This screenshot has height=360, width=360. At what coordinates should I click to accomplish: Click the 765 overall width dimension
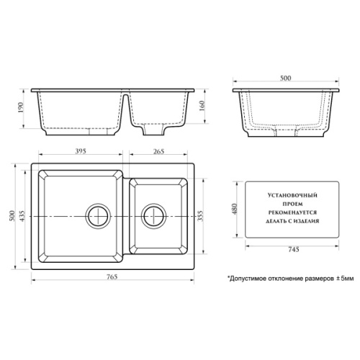pyautogui.click(x=112, y=276)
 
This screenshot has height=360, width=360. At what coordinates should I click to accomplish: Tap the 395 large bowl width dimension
pyautogui.click(x=81, y=151)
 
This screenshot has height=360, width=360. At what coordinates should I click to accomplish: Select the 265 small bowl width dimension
pyautogui.click(x=158, y=151)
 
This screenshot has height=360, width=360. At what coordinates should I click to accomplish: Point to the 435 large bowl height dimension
pyautogui.click(x=22, y=216)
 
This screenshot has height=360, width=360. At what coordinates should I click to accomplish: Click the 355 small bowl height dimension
pyautogui.click(x=200, y=216)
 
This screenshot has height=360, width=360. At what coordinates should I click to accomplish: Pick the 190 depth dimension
pyautogui.click(x=20, y=108)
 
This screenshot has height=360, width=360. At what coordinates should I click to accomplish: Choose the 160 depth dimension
pyautogui.click(x=202, y=106)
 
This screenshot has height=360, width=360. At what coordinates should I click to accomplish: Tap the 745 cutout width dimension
pyautogui.click(x=294, y=250)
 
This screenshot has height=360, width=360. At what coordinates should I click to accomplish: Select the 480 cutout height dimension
pyautogui.click(x=235, y=209)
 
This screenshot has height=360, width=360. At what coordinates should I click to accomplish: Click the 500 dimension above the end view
pyautogui.click(x=286, y=78)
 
